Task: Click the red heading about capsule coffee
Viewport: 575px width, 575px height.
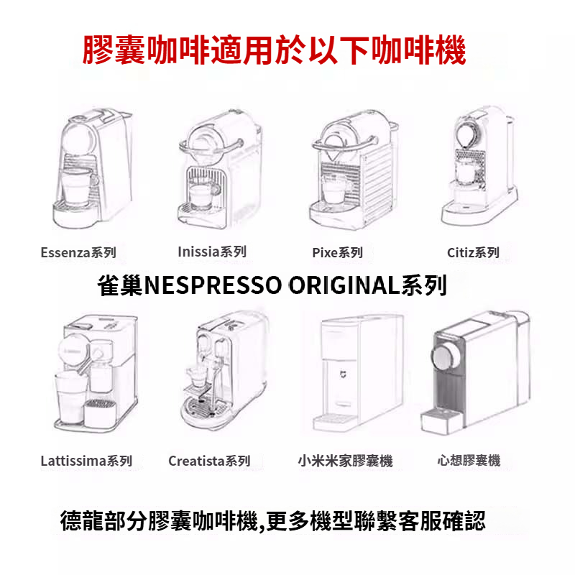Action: point(274,50)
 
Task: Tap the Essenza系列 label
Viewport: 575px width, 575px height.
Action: point(78,253)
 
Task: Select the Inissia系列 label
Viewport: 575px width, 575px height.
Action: point(212,252)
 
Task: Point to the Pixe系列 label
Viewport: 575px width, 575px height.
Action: point(337,253)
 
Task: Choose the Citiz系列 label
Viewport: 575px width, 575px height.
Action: point(473,253)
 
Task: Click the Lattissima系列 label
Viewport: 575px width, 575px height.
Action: point(86,461)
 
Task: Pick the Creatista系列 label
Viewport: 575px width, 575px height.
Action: point(209,461)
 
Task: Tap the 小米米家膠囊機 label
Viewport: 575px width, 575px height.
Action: point(346,461)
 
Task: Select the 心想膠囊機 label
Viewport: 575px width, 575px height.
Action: point(469,461)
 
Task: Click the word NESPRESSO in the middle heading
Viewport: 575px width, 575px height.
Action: point(213,285)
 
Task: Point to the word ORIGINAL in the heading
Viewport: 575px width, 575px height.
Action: point(344,285)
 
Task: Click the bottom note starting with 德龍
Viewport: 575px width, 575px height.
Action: point(273,520)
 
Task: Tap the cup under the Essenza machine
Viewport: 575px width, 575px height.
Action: point(78,187)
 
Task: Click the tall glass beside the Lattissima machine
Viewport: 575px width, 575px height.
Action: point(70,397)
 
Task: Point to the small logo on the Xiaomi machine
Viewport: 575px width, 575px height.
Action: point(342,374)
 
